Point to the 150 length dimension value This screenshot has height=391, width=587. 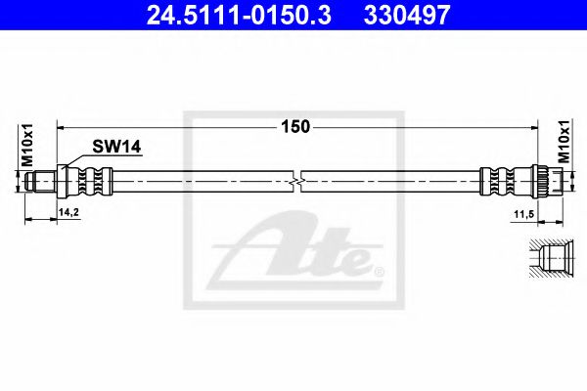click(x=296, y=126)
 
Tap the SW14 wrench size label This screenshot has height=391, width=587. click(x=117, y=147)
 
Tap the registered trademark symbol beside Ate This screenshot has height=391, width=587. click(x=379, y=267)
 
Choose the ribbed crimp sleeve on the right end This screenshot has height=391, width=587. click(x=498, y=181)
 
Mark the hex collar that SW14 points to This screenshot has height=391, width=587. click(x=65, y=181)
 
